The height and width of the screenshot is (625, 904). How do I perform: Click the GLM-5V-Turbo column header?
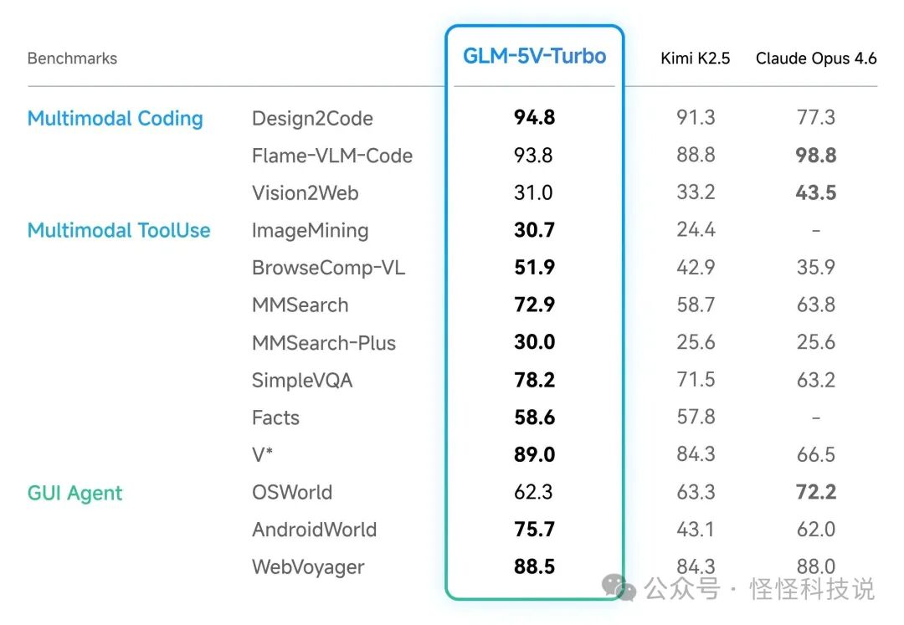(x=534, y=57)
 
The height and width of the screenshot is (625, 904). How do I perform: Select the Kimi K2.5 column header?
(x=695, y=59)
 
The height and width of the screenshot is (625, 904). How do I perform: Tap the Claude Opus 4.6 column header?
(x=816, y=59)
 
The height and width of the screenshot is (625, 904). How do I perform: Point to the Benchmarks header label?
(x=72, y=59)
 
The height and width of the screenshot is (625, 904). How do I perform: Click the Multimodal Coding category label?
(x=116, y=119)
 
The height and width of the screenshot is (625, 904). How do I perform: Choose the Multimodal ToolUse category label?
(x=119, y=231)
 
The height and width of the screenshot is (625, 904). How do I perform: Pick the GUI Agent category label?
(x=75, y=493)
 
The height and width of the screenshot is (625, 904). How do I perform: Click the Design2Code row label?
(x=312, y=119)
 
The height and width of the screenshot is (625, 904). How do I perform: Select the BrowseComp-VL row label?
(x=328, y=269)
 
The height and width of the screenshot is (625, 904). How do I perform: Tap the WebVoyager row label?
(x=308, y=567)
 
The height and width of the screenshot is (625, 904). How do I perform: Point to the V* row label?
(x=263, y=455)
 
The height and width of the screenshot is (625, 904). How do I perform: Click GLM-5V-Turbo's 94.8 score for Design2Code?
(x=534, y=118)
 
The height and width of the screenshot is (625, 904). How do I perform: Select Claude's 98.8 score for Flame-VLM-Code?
(x=816, y=156)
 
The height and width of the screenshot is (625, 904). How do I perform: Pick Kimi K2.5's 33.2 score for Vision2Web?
(x=696, y=193)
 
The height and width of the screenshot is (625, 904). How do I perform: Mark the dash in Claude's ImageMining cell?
(x=816, y=231)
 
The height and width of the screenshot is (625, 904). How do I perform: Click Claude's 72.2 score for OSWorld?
(x=816, y=492)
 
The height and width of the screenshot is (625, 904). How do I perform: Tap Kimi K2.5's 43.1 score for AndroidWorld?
(x=696, y=530)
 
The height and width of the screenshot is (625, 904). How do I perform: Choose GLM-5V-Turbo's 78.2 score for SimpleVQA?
(x=534, y=380)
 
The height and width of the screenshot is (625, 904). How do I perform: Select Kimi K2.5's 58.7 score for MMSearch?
(x=696, y=305)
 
